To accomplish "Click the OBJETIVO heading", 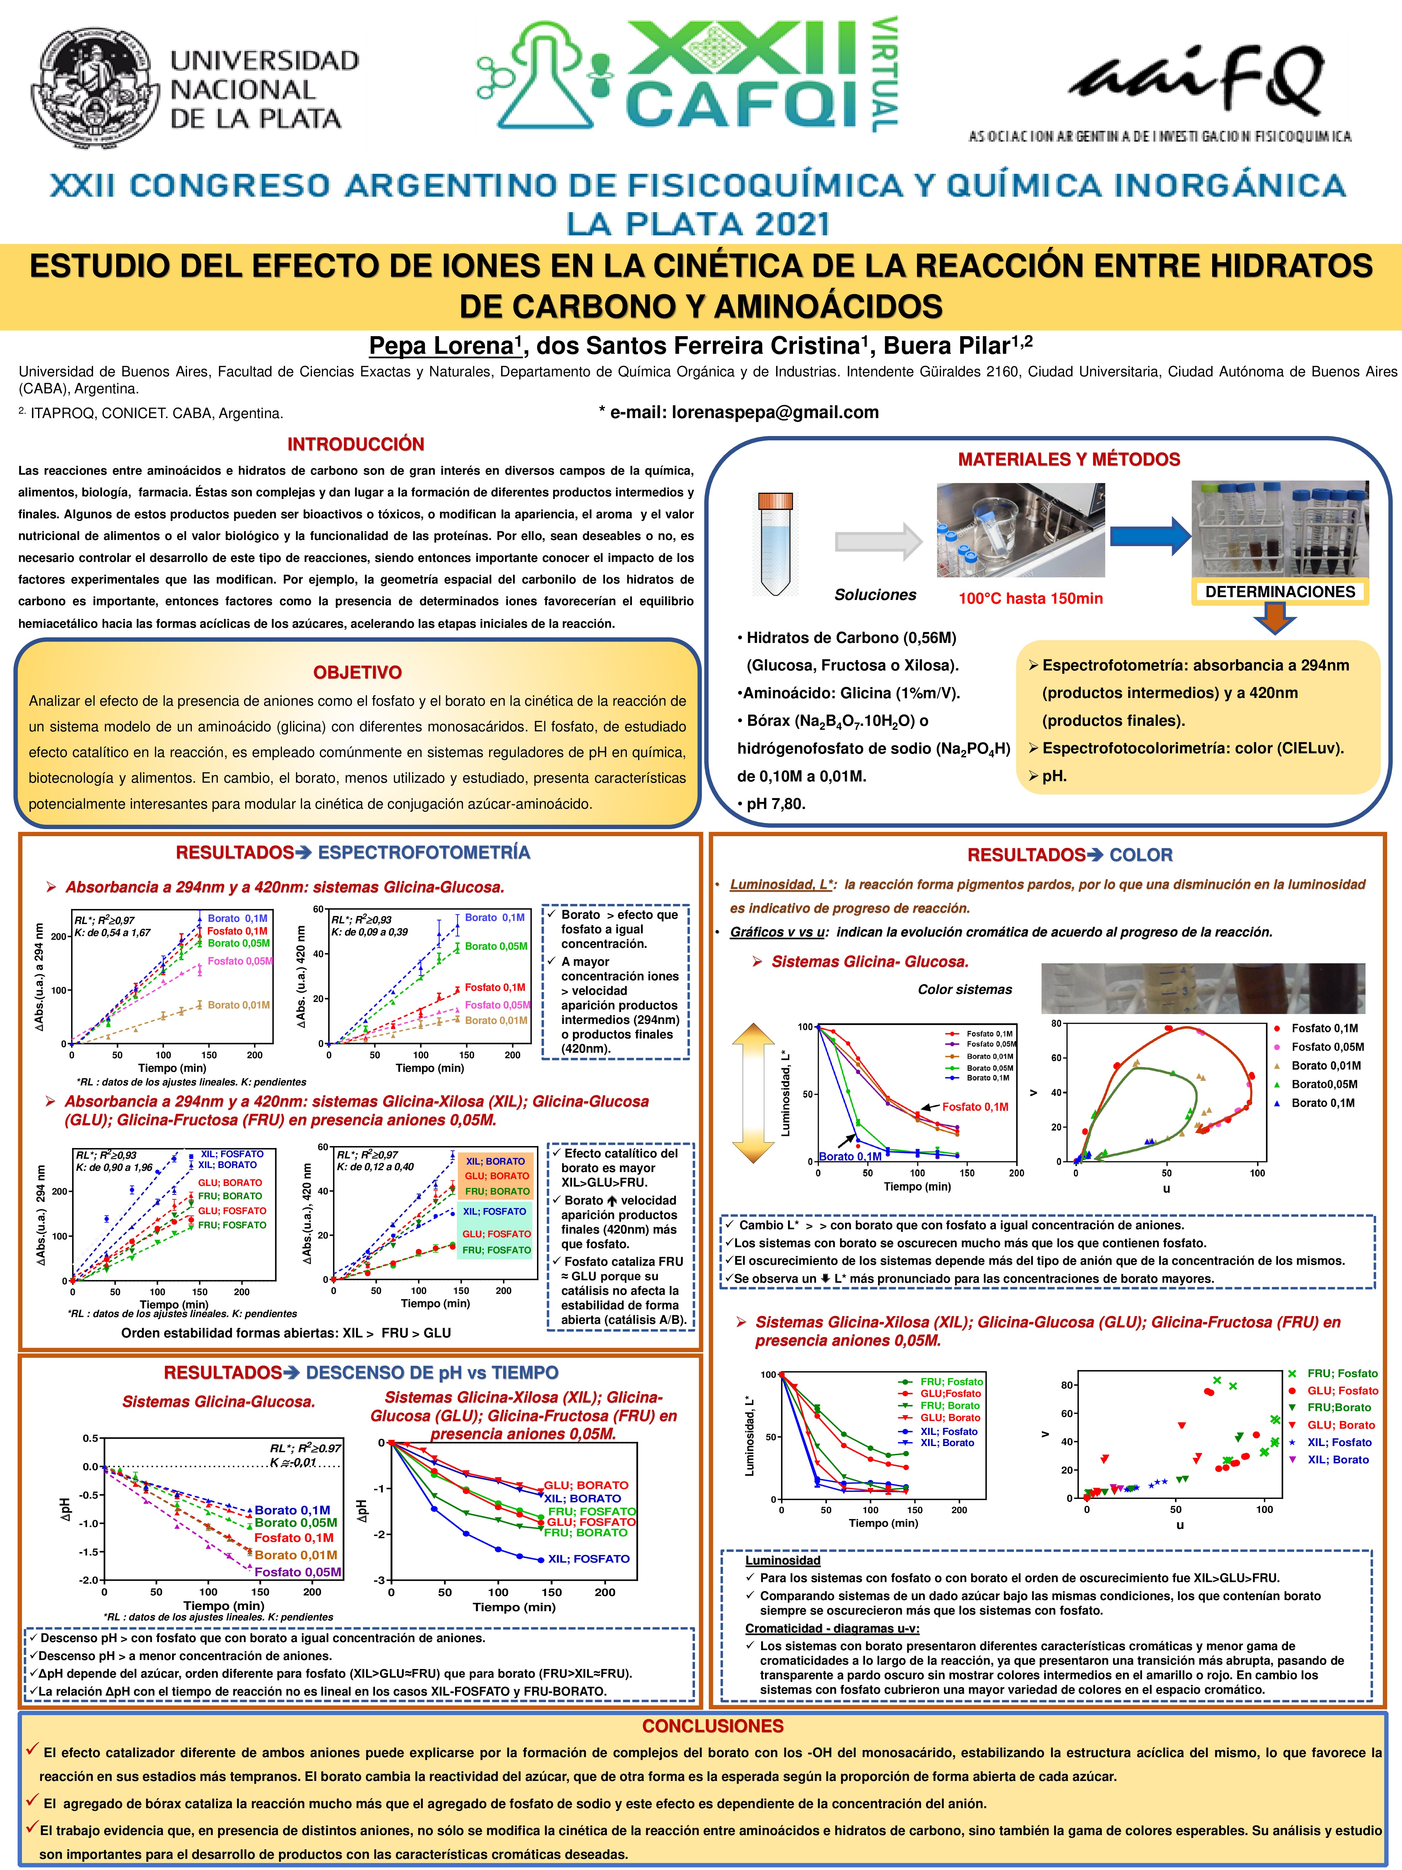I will pos(357,673).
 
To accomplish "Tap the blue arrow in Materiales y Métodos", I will pos(1149,536).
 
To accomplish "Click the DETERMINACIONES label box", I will pos(1280,592).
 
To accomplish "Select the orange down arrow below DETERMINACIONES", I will pos(1274,620).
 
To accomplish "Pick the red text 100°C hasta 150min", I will pos(1030,598).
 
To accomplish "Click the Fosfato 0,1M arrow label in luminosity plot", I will pos(974,1106).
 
